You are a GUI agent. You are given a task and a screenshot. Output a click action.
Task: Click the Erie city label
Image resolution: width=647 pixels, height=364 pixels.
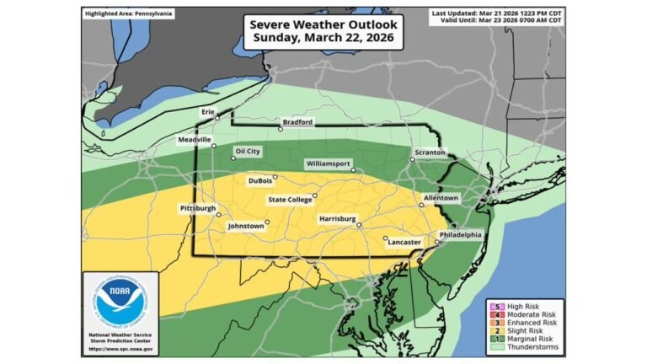pyautogui.click(x=207, y=111)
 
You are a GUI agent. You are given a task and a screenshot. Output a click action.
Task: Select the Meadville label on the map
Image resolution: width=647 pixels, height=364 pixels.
pyautogui.click(x=195, y=139)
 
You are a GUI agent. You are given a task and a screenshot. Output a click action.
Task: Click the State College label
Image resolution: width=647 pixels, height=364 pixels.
pyautogui.click(x=289, y=200)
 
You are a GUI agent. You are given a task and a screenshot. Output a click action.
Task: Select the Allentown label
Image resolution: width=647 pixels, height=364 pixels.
pyautogui.click(x=441, y=198)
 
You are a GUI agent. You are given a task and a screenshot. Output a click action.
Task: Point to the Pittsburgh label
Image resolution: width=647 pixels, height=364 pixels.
pyautogui.click(x=198, y=208)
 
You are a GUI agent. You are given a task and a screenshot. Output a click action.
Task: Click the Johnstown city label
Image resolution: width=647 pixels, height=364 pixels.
pyautogui.click(x=247, y=226)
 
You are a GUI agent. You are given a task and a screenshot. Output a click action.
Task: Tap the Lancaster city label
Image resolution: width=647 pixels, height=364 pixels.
pyautogui.click(x=404, y=242)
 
